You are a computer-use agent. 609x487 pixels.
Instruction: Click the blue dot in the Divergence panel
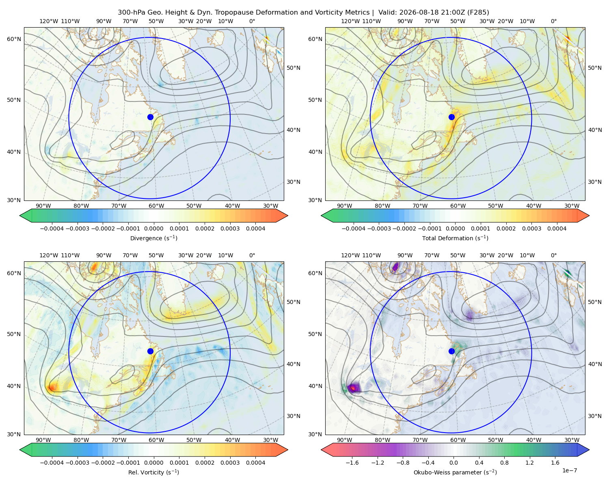point(150,117)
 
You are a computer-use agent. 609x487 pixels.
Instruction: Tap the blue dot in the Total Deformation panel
point(451,117)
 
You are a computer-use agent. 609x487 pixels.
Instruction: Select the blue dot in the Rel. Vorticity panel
point(150,351)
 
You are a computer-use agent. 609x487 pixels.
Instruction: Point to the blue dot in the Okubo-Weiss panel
point(451,351)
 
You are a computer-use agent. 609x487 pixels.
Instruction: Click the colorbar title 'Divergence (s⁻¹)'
point(153,238)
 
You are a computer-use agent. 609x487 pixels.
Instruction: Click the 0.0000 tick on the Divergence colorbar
point(153,228)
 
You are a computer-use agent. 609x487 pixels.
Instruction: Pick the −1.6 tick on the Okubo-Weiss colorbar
point(352,463)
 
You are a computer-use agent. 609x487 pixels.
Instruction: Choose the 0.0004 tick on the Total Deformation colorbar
point(557,228)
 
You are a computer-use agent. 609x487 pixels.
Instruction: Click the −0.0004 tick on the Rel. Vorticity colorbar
point(52,463)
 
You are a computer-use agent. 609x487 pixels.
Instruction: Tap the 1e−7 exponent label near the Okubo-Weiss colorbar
point(569,470)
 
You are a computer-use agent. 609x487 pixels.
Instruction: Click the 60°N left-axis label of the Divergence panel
point(14,39)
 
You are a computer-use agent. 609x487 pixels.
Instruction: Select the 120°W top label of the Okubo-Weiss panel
point(350,255)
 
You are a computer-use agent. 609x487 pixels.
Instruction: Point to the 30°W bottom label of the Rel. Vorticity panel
point(270,440)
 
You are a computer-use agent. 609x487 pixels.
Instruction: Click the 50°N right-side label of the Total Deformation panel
point(595,68)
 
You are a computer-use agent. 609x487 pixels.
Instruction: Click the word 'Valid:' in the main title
point(387,13)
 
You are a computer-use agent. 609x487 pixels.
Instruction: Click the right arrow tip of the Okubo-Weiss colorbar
point(589,450)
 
